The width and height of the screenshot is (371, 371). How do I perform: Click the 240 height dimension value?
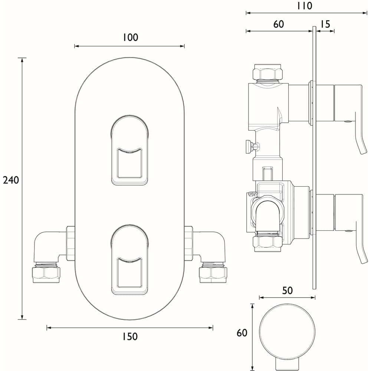pos(10,180)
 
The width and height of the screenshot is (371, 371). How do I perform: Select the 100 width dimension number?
pos(130,37)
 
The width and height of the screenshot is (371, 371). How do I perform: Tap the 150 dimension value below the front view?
pos(130,336)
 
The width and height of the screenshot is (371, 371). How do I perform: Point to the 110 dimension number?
pos(305,6)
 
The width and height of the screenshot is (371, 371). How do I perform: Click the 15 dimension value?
pos(325,24)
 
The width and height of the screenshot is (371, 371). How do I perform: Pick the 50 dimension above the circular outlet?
pos(288,290)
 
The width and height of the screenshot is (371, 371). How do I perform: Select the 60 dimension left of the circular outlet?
pos(242,333)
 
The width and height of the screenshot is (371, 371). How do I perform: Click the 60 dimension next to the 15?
pos(278,24)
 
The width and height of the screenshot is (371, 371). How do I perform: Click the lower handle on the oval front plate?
pos(130,260)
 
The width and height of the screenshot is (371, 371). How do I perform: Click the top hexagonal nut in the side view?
pos(267,73)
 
